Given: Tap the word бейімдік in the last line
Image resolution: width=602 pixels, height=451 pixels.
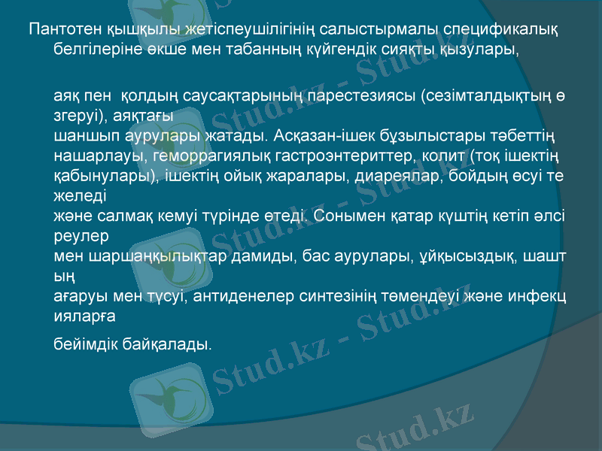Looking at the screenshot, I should tap(86, 344).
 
